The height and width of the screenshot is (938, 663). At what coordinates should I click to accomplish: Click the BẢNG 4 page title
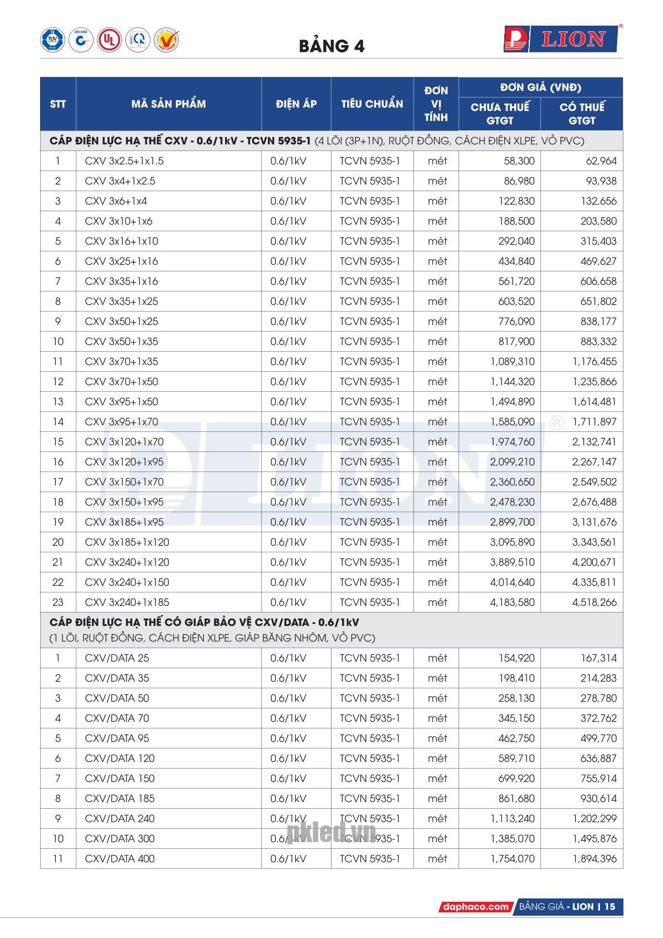[331, 46]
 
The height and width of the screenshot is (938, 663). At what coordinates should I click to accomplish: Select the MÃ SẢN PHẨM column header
[168, 104]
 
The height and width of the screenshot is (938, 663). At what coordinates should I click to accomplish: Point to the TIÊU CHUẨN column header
[372, 104]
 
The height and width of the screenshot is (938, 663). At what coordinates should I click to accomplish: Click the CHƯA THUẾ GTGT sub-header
[499, 114]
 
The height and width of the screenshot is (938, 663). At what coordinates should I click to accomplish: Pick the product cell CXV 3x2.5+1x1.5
[124, 161]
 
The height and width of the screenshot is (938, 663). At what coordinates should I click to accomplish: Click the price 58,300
[518, 161]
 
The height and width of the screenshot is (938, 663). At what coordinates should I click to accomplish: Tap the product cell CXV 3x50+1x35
[121, 342]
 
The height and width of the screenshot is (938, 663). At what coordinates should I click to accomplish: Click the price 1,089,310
[512, 362]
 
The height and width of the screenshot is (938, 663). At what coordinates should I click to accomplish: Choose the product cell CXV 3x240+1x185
[127, 602]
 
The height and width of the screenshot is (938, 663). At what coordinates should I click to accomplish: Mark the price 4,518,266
[594, 602]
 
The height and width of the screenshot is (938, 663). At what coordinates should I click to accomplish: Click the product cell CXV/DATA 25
[117, 658]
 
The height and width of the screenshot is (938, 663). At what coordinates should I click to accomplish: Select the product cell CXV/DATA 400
[120, 859]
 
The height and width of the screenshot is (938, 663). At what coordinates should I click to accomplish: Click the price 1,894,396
[594, 859]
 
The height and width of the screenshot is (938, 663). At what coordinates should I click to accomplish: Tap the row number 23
[58, 602]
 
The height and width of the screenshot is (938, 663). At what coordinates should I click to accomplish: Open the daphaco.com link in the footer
[475, 907]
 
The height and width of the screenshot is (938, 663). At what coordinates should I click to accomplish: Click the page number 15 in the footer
[610, 907]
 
